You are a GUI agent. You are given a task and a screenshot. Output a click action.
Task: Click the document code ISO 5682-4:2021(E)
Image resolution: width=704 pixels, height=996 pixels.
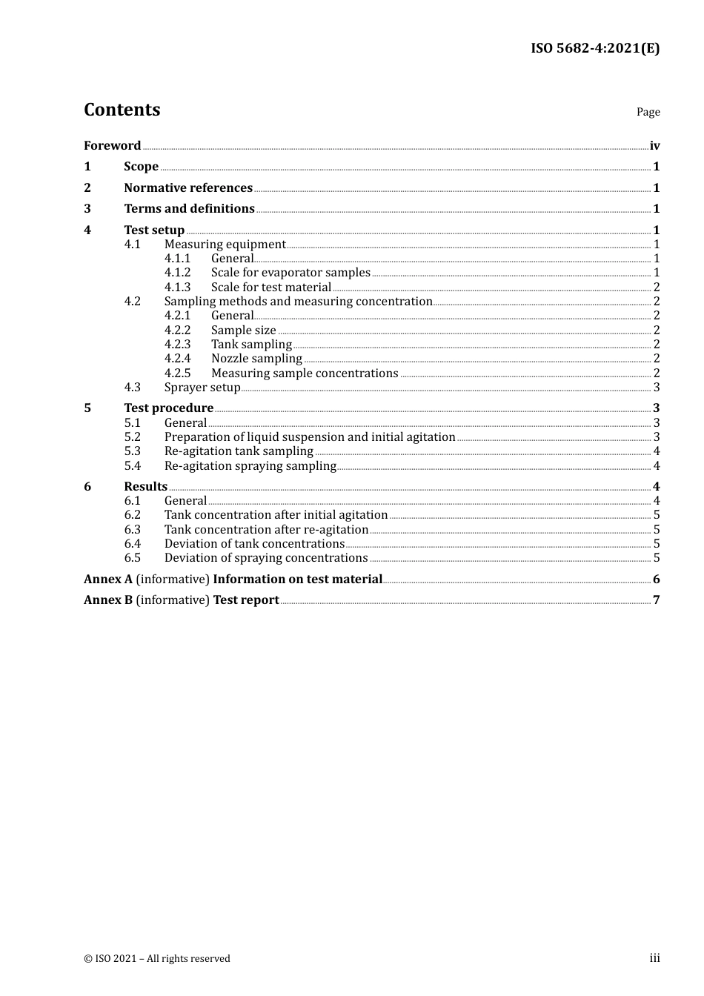point(594,49)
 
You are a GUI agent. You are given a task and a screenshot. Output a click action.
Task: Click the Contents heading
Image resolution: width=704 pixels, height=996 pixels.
point(122,110)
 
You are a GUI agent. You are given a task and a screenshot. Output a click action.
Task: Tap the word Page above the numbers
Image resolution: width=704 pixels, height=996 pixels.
point(648,112)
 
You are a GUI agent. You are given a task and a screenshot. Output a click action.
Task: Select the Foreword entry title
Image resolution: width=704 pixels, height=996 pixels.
point(112,145)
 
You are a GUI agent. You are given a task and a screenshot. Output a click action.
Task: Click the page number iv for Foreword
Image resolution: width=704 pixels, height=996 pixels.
point(654,146)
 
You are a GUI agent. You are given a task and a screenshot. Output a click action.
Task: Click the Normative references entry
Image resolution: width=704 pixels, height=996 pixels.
point(188,187)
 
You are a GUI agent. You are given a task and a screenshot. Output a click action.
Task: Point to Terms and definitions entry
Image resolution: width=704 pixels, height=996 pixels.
point(189,208)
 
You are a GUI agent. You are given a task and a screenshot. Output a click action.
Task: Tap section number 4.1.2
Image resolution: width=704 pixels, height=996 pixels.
point(177,273)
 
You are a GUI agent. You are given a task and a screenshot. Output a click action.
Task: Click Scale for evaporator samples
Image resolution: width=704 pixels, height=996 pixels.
point(290,273)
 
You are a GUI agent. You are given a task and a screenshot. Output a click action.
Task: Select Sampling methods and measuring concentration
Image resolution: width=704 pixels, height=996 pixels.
point(298,301)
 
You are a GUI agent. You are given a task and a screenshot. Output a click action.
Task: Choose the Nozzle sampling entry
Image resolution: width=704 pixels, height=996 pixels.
point(256,359)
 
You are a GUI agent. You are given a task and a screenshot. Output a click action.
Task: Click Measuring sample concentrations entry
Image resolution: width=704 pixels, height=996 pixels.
point(305,373)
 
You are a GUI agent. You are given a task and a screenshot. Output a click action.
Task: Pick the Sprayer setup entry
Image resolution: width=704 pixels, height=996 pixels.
point(202,387)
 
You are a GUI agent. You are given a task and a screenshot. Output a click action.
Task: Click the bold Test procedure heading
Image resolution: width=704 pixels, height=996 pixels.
point(168,408)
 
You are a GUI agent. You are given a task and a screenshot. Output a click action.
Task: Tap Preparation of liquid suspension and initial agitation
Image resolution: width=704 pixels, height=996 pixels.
point(310,436)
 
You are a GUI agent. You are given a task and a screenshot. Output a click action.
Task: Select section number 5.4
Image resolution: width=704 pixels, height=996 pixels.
point(132,465)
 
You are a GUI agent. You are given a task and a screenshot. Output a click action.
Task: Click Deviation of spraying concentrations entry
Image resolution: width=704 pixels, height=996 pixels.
point(266,557)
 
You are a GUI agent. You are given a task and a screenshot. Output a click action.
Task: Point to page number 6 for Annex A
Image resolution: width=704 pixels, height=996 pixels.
point(656,579)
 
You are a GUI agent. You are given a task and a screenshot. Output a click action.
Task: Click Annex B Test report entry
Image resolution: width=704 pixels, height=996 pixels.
point(182,600)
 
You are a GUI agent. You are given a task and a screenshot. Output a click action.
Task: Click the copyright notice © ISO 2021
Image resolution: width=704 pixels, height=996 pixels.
point(157,958)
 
